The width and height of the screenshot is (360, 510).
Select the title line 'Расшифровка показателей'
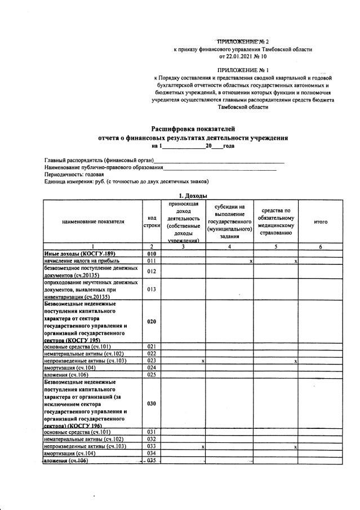(x=192, y=129)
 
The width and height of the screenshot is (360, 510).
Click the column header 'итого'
(x=320, y=222)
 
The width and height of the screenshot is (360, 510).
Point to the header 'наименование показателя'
(x=93, y=222)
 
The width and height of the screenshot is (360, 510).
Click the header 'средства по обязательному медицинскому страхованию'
(x=275, y=222)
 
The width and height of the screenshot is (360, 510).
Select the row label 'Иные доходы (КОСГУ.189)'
(x=77, y=254)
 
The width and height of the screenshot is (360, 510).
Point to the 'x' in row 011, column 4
(x=250, y=262)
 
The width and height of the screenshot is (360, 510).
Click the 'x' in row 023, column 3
(x=202, y=361)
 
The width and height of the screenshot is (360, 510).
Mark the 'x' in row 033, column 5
(x=295, y=447)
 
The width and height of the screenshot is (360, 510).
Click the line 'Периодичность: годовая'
(x=74, y=175)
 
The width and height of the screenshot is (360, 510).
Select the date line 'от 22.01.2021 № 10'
(x=242, y=56)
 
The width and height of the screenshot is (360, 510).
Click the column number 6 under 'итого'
(x=320, y=247)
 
